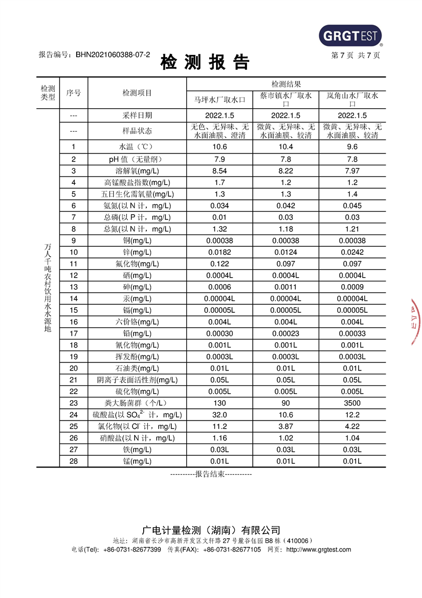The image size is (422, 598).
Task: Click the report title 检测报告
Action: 205,63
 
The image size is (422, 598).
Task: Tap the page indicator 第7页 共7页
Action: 355,55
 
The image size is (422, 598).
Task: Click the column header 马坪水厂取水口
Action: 219,99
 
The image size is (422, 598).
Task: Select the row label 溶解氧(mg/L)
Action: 137,171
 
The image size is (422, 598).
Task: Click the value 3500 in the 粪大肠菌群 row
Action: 352,403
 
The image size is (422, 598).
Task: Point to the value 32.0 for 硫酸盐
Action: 219,415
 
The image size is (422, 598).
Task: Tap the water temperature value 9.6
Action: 352,147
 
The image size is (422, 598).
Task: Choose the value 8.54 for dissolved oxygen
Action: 219,171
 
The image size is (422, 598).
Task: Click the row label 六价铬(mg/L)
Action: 137,322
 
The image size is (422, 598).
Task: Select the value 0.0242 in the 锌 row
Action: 352,252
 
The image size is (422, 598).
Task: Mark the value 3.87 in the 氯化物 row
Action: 286,426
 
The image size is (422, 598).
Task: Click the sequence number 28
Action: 73,461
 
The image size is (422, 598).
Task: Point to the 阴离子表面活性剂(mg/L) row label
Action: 137,380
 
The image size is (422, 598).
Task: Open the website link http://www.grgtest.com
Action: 318,549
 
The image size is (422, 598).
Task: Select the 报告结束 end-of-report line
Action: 211,474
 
